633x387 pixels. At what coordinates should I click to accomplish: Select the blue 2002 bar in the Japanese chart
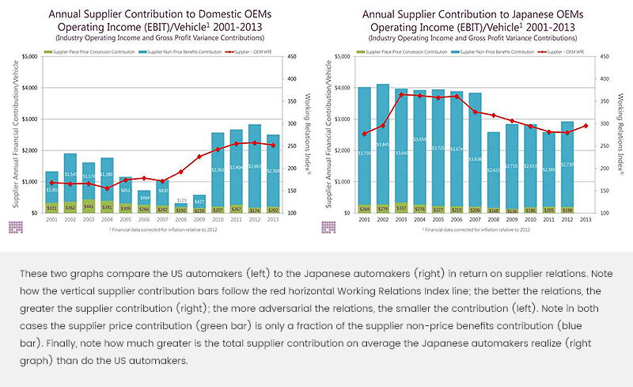pyautogui.click(x=383, y=142)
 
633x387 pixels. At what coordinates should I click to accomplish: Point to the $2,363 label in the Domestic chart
pyautogui.click(x=218, y=169)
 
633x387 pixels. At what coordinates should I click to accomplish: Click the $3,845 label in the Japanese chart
pyautogui.click(x=383, y=145)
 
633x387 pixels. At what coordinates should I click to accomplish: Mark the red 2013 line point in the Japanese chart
pyautogui.click(x=585, y=125)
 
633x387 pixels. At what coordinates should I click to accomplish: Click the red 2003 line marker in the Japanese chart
pyautogui.click(x=402, y=94)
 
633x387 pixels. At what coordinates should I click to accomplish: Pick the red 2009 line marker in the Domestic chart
pyautogui.click(x=199, y=156)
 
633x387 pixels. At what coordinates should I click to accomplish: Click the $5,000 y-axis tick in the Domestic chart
pyautogui.click(x=29, y=56)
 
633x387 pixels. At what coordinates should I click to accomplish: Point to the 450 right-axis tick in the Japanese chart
pyautogui.click(x=605, y=56)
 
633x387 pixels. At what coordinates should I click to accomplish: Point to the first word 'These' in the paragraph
pyautogui.click(x=33, y=271)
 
